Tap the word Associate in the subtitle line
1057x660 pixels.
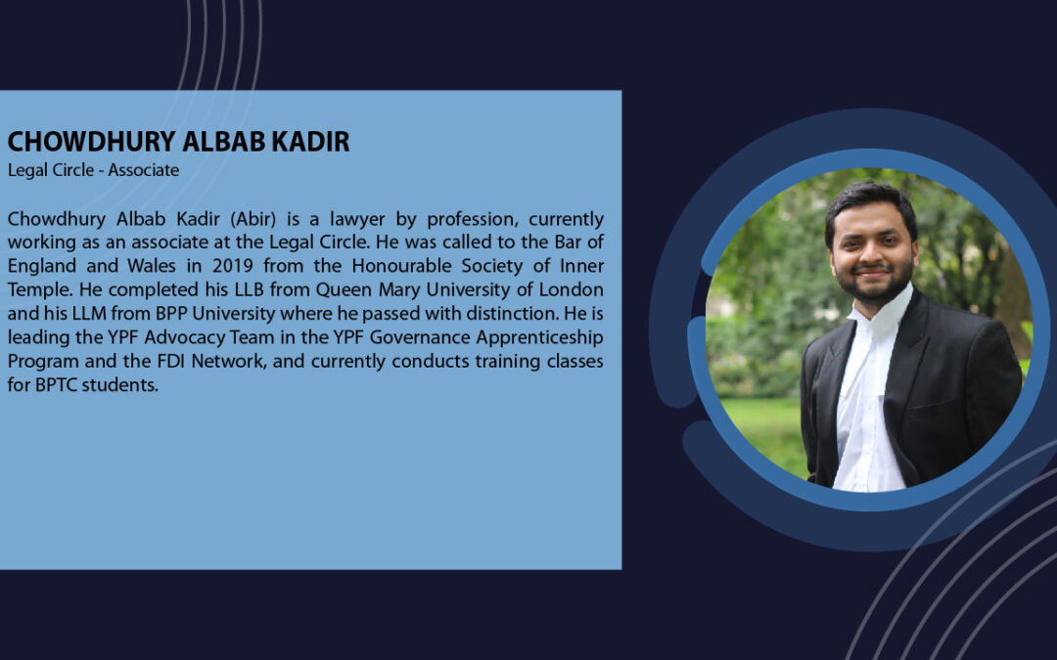144,170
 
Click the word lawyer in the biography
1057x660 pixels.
357,220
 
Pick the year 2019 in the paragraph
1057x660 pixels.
233,266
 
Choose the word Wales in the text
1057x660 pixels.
152,266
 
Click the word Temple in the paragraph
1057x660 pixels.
38,290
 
